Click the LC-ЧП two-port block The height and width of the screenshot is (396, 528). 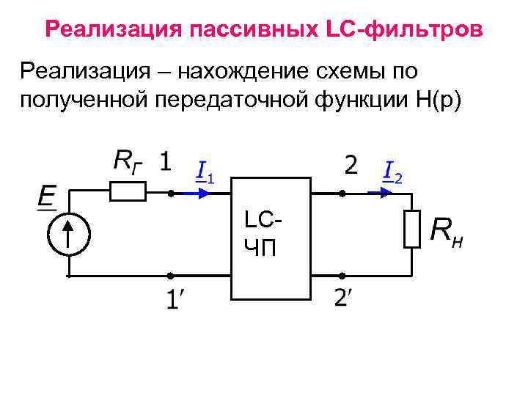click(270, 238)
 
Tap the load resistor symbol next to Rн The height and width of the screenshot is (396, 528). click(411, 230)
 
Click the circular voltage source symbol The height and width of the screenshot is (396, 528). click(67, 235)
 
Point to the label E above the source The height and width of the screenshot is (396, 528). click(47, 197)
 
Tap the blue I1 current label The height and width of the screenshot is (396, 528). click(205, 172)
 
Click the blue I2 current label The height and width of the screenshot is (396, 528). click(392, 172)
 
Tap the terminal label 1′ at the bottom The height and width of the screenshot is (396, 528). click(173, 299)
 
